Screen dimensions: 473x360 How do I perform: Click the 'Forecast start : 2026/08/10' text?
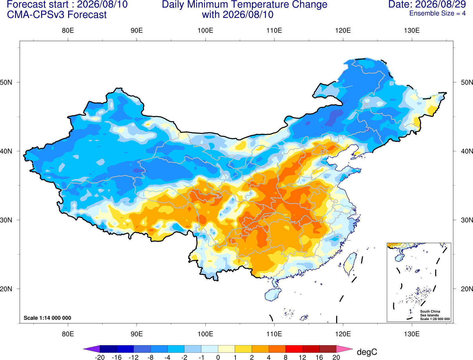tap(67, 4)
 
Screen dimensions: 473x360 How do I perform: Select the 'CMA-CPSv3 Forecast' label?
tap(57, 15)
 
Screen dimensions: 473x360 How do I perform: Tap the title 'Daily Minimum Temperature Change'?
tap(245, 4)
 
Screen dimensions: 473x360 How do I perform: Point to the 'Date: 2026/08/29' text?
tap(427, 4)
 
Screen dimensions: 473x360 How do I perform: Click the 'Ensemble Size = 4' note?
tap(437, 13)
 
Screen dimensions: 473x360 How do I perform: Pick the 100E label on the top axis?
tap(205, 30)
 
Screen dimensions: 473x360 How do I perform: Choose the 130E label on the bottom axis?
tap(412, 334)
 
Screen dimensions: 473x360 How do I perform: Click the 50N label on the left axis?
tap(6, 82)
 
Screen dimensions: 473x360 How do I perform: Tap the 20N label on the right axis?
tap(467, 289)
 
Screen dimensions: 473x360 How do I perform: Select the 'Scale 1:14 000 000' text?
tap(48, 318)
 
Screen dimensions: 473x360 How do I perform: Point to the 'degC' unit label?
tap(367, 352)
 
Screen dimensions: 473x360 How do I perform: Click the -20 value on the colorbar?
tap(100, 357)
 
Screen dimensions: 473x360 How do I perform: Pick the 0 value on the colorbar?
tap(218, 357)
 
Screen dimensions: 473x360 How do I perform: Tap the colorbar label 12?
tap(302, 357)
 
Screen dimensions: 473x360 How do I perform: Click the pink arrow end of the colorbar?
tap(344, 349)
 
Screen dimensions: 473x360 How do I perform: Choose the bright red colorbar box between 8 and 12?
tap(294, 349)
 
